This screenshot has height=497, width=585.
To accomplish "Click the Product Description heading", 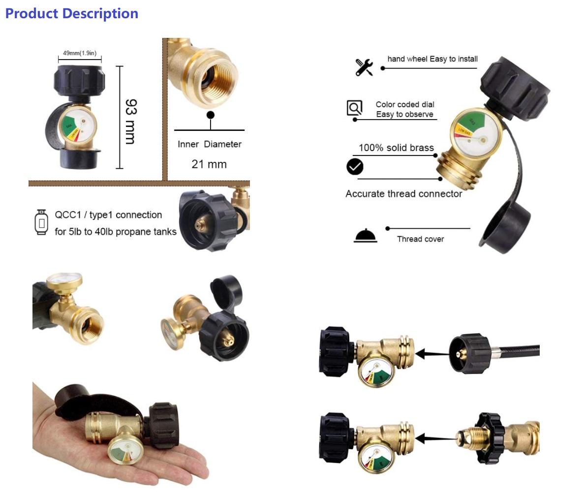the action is [71, 13].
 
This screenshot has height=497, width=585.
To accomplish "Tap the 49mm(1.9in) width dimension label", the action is [80, 53].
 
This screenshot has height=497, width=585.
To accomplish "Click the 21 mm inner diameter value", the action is [209, 164].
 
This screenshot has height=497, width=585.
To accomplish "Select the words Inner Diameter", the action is [209, 144].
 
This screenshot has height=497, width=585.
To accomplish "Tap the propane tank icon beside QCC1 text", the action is [41, 222].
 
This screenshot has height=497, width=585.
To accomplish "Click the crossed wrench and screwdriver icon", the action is [364, 67].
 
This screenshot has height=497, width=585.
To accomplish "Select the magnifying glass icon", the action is [354, 107].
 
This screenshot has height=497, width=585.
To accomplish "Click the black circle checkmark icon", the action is [355, 167].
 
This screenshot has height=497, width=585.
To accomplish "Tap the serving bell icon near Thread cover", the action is [366, 236].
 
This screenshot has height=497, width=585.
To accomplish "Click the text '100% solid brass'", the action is [396, 148].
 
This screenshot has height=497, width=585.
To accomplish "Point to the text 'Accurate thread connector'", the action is [403, 194].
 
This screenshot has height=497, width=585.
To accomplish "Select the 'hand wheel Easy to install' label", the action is [432, 59].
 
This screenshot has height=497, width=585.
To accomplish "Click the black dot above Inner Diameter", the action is [211, 115].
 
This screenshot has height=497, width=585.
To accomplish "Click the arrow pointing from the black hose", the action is [433, 353].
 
